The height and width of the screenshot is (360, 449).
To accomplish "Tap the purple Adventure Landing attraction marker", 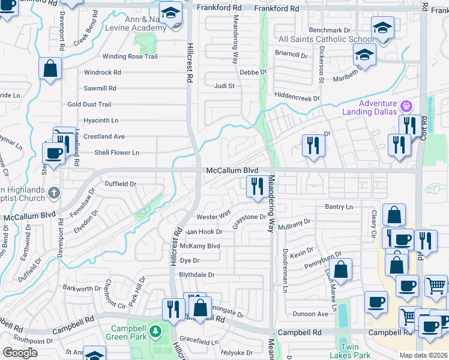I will tap(406, 106).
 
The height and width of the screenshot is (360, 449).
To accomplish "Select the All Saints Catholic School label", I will tap(326, 40).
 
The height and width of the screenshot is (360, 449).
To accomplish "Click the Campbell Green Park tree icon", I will tap(155, 331).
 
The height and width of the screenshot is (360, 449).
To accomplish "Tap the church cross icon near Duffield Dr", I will tap(54, 193).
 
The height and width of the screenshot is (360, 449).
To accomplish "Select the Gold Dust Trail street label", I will tap(89, 104).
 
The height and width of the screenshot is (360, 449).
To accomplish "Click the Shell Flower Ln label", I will tap(116, 152).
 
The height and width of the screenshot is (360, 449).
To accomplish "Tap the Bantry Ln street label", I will tap(339, 206).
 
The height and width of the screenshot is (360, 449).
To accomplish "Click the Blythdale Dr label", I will tap(197, 275).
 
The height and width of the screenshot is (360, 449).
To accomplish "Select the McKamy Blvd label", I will tap(200, 246).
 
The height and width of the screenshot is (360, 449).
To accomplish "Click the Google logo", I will tap(20, 353).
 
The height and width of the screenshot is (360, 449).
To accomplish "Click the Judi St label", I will tap(224, 86).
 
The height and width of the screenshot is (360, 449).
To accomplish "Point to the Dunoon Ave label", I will tap(310, 314).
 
